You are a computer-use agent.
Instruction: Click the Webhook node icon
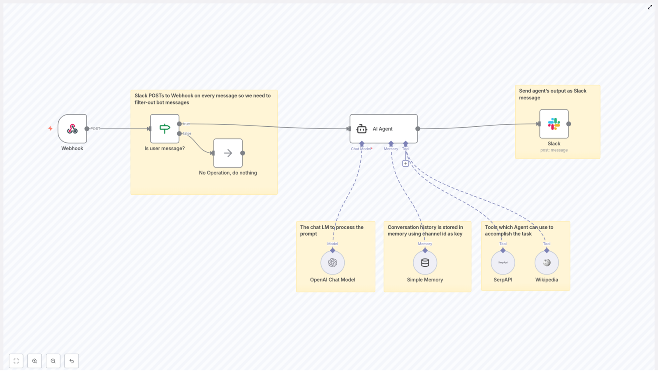point(72,129)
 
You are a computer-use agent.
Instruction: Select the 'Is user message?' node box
point(164,129)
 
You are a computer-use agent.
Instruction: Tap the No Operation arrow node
point(228,153)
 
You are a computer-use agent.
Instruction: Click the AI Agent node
point(383,129)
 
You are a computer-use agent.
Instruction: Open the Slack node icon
point(554,124)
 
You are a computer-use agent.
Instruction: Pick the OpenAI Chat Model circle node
point(332,263)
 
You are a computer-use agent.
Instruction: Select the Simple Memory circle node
point(425,263)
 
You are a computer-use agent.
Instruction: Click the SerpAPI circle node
point(503,263)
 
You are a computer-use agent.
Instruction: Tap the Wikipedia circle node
point(547,263)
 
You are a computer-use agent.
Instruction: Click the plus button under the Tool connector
point(405,163)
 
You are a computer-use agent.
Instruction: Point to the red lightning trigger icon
point(50,128)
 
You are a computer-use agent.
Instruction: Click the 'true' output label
point(186,124)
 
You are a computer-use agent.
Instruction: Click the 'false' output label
point(187,133)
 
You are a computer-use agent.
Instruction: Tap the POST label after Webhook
point(95,129)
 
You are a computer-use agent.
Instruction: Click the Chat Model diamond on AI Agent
point(362,144)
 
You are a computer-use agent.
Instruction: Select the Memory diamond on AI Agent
point(391,144)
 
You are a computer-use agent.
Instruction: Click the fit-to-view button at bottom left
point(16,361)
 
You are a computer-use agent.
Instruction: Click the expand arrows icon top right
point(650,7)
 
